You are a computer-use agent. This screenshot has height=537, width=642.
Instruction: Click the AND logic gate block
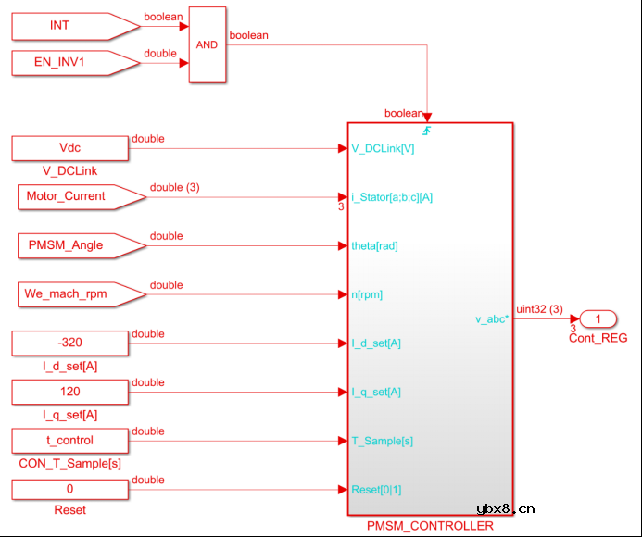point(207,44)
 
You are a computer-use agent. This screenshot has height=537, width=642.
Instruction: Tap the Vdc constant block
point(69,148)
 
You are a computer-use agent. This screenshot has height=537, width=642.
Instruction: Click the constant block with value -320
point(69,343)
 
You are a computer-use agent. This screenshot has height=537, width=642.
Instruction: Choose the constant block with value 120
point(69,392)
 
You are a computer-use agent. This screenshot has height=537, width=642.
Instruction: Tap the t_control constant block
point(69,441)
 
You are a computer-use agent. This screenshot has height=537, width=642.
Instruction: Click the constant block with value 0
point(69,489)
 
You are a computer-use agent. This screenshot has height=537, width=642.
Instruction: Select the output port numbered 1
point(598,319)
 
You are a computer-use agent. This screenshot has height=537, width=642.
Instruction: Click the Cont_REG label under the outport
point(598,338)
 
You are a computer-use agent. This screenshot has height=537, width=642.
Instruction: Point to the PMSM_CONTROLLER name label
point(430,526)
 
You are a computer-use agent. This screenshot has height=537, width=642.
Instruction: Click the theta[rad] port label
point(375,245)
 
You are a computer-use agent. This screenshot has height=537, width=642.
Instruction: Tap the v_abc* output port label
point(491,319)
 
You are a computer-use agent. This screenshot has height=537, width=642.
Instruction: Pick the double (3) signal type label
point(174,187)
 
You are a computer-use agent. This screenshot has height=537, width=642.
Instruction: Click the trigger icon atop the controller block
point(428,129)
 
